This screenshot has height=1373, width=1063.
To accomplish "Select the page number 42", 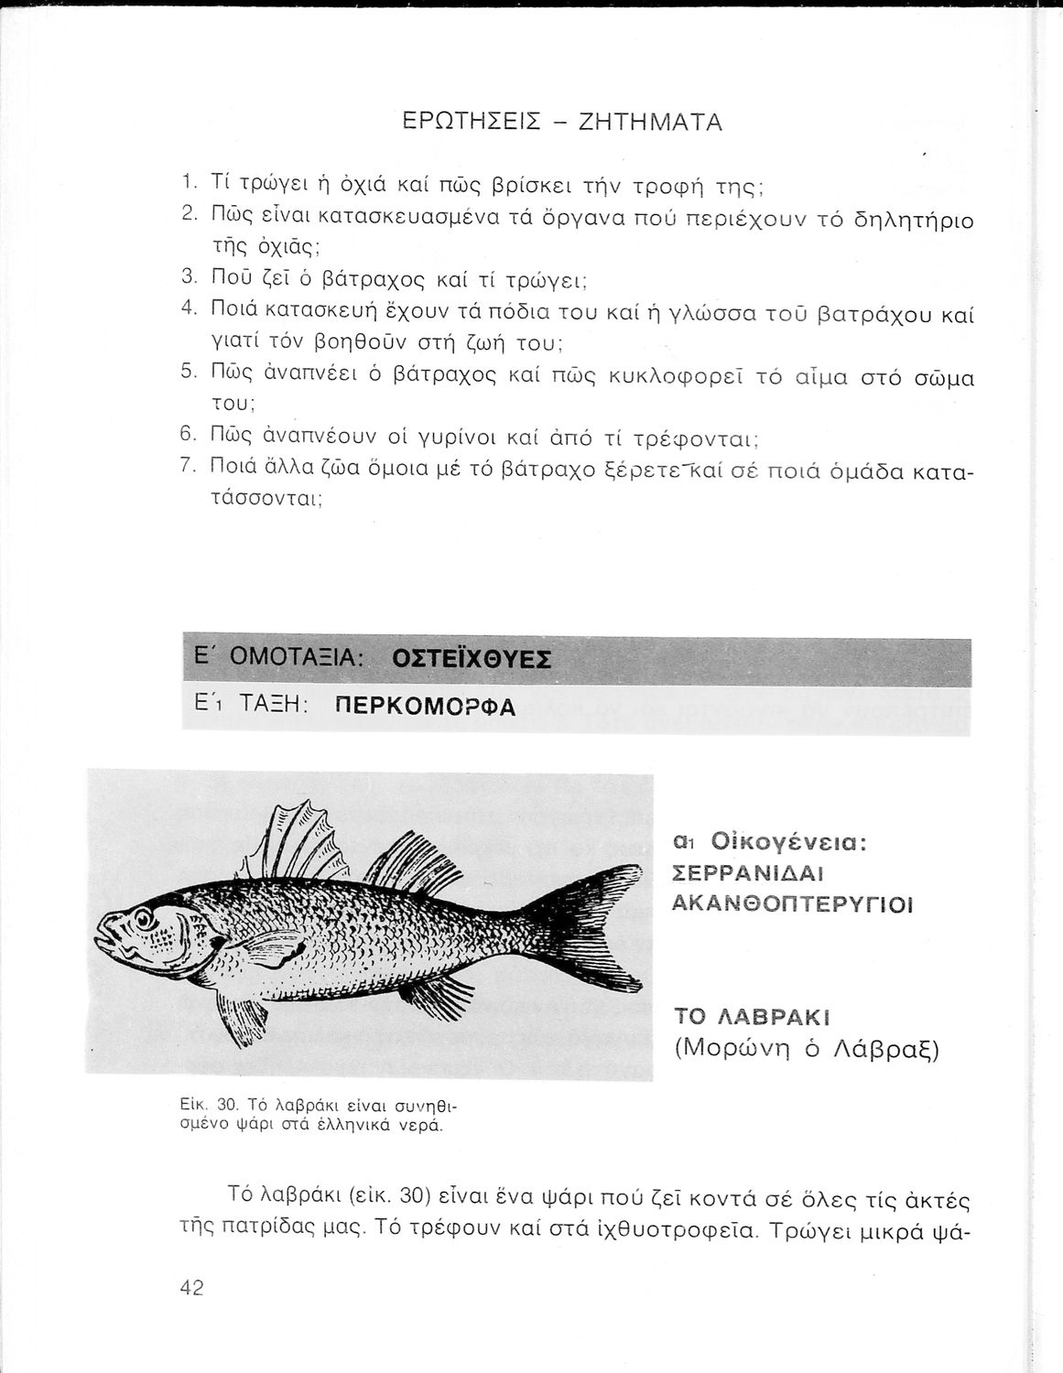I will click(x=192, y=1288).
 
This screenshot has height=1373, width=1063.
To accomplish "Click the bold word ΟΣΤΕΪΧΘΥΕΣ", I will click(x=471, y=660).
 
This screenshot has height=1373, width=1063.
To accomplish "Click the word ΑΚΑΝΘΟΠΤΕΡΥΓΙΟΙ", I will click(x=792, y=904).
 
